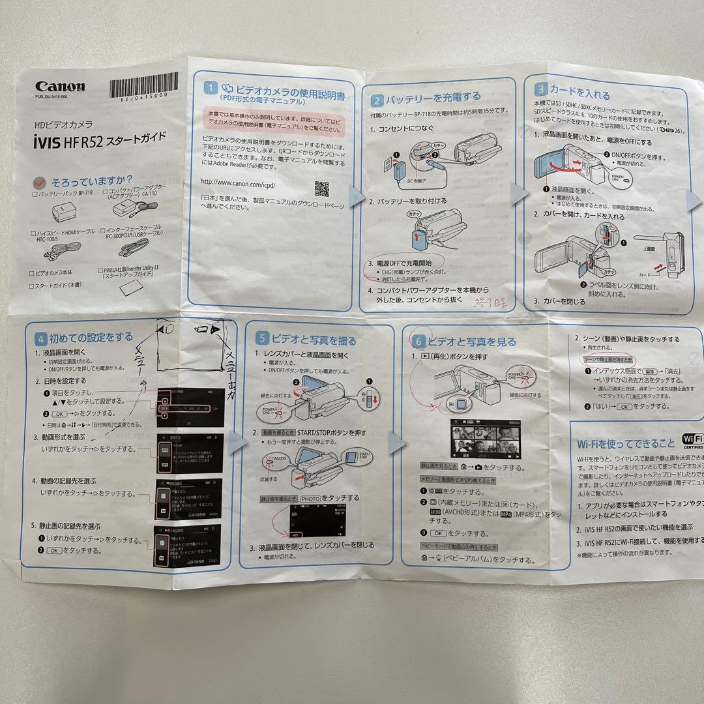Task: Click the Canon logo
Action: pos(60,87)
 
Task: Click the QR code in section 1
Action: pos(321,188)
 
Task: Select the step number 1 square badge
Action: pos(211,88)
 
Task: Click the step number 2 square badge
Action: pos(377,101)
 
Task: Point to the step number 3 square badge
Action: pos(540,89)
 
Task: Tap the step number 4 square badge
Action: pos(41,339)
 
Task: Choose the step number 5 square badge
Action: pos(261,338)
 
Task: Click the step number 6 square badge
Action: pos(418,340)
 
